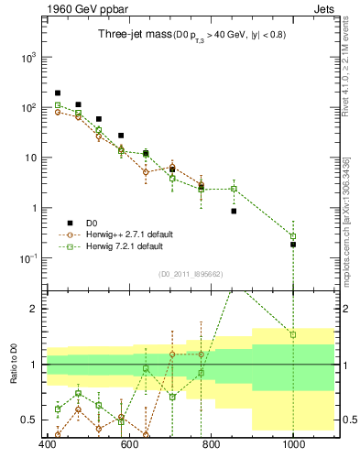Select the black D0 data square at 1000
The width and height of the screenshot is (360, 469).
click(x=293, y=245)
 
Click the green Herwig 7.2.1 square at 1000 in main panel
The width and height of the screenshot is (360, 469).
click(x=293, y=236)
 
